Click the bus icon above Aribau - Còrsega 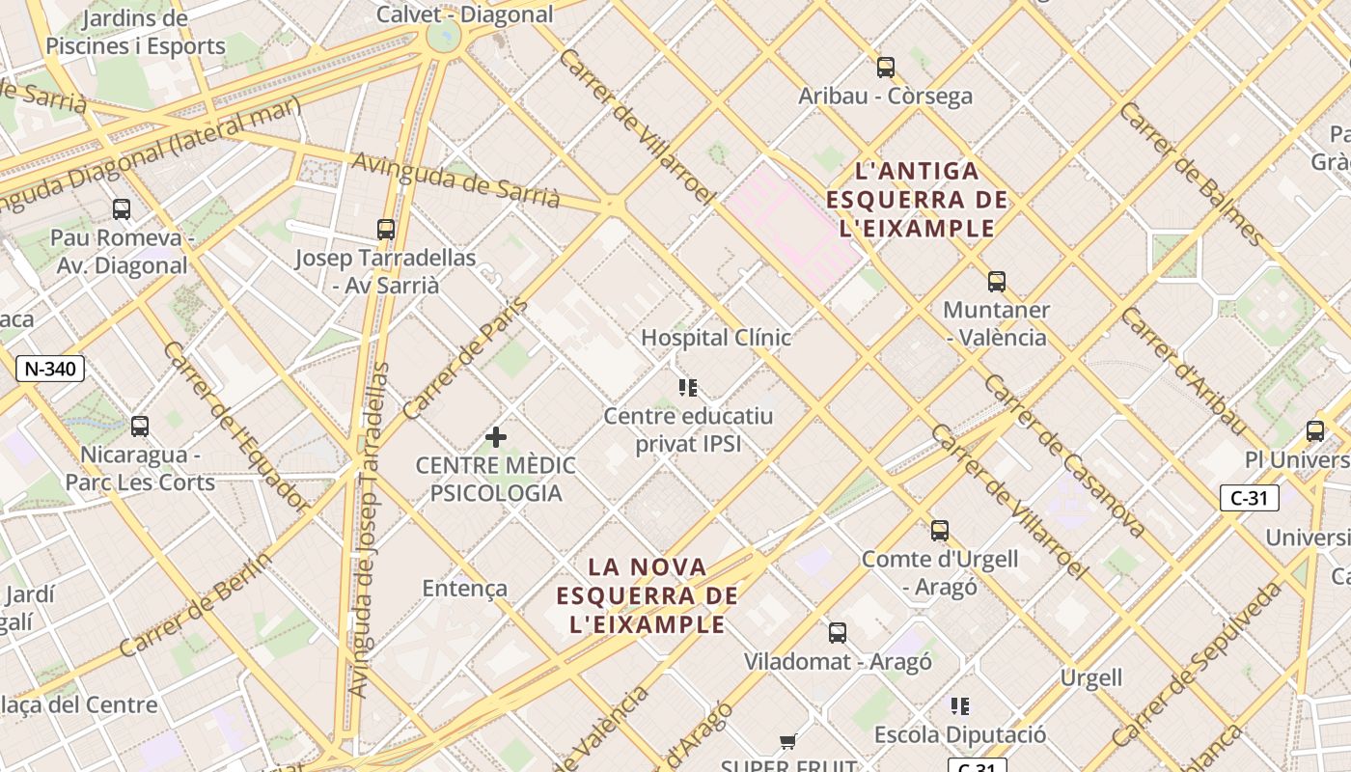(x=885, y=68)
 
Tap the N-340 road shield (x=50, y=368)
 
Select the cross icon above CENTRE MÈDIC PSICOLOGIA (x=496, y=437)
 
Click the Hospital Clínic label (x=716, y=338)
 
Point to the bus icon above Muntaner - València (x=996, y=282)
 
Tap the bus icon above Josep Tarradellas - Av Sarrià (x=386, y=230)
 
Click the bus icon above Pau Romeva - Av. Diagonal (x=122, y=209)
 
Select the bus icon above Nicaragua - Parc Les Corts (x=140, y=427)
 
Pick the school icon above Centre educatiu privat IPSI (x=687, y=388)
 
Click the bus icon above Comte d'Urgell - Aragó (x=939, y=531)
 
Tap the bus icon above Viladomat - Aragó (x=838, y=633)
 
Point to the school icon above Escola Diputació (x=959, y=706)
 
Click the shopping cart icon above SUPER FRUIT (x=788, y=742)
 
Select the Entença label (x=464, y=588)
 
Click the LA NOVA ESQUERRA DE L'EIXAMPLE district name (x=648, y=595)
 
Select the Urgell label (x=1091, y=677)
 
